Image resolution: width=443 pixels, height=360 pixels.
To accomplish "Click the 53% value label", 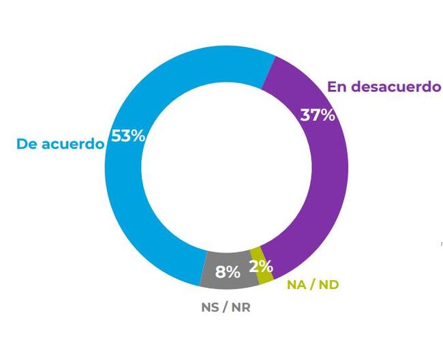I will click(129, 136).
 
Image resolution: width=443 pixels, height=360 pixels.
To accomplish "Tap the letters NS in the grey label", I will click(211, 307).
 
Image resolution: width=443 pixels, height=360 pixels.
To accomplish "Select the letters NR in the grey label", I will click(240, 307).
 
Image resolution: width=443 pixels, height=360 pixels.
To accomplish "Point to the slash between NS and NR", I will click(226, 307).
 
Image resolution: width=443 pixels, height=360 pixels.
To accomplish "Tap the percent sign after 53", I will click(138, 136).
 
